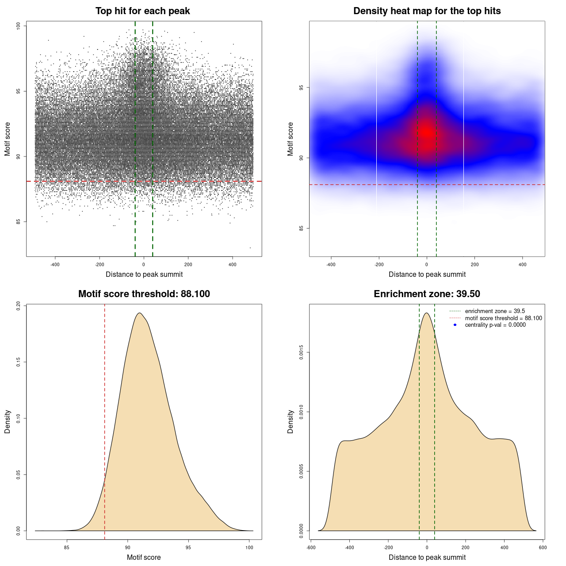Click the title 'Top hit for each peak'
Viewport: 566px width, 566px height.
[142, 11]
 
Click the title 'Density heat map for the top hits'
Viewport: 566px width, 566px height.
[427, 11]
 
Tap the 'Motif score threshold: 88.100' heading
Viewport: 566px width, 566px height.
[144, 294]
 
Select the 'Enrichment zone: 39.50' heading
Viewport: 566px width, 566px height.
[427, 294]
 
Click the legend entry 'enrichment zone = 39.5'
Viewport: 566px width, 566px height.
[495, 311]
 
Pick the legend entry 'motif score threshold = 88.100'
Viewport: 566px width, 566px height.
[503, 318]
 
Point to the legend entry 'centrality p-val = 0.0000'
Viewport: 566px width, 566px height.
[495, 325]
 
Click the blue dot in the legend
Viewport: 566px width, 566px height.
[455, 325]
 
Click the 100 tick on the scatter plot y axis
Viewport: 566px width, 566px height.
[19, 26]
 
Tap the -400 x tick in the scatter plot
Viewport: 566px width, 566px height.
[55, 265]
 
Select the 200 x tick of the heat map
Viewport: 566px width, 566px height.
[474, 265]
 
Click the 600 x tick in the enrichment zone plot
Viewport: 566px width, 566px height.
[543, 547]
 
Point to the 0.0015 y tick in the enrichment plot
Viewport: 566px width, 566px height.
[302, 352]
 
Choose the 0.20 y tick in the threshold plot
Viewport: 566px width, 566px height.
[19, 306]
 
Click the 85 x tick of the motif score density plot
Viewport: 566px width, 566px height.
[67, 547]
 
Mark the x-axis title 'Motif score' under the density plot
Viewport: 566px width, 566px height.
[144, 557]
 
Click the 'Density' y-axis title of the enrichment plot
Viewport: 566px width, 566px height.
[291, 421]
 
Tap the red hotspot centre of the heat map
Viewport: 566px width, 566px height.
[426, 131]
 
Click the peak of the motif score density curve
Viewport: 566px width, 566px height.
[139, 313]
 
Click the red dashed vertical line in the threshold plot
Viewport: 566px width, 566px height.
[104, 420]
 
